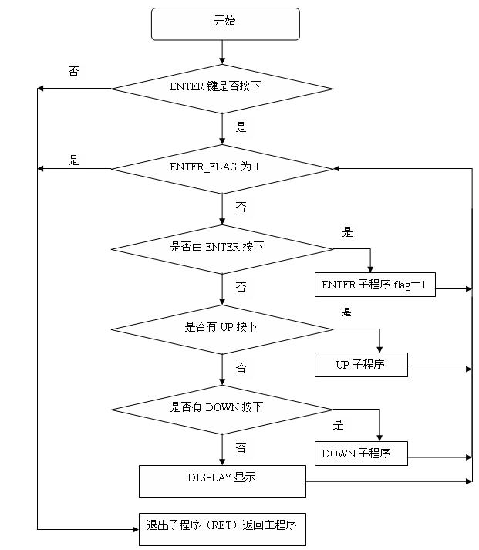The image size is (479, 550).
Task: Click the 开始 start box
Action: [x=224, y=23]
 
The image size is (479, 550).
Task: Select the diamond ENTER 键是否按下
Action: [x=222, y=88]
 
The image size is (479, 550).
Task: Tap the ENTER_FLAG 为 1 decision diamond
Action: [x=222, y=168]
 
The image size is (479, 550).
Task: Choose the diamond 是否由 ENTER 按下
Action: [x=222, y=248]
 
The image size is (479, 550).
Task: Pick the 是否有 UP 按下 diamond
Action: [x=222, y=329]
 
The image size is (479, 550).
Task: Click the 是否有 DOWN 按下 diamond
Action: [x=222, y=409]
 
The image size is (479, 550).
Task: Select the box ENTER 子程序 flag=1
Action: [x=375, y=285]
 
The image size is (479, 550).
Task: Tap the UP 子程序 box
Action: [x=360, y=365]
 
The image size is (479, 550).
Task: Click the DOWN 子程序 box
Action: [x=360, y=453]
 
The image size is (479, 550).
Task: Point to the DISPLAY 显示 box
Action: [x=222, y=480]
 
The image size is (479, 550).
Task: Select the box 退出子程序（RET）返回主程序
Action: [x=222, y=528]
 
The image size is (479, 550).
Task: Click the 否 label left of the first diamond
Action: [x=73, y=71]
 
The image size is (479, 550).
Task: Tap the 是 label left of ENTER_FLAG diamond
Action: [x=74, y=160]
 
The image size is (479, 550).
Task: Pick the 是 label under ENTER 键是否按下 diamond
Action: [x=241, y=127]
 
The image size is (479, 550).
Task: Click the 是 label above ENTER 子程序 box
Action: [x=347, y=231]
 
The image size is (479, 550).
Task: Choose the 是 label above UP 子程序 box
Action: [x=347, y=312]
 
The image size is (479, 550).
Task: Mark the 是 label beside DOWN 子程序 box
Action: [x=338, y=425]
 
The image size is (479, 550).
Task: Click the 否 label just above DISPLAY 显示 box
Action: [x=241, y=447]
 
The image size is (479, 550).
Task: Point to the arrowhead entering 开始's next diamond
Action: [x=222, y=59]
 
